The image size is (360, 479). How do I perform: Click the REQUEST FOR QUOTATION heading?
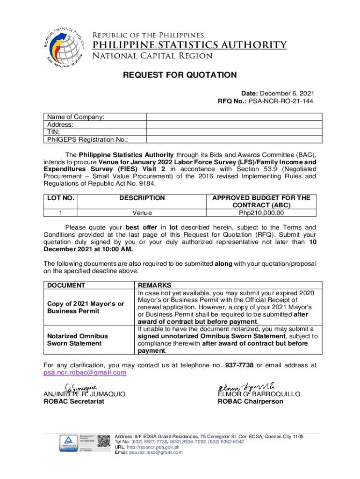[x=180, y=75]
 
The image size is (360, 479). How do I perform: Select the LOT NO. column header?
[x=60, y=198]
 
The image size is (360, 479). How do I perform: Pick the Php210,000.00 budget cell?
[x=261, y=213]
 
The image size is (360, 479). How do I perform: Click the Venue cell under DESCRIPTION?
[x=142, y=213]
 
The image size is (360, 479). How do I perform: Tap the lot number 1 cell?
[x=60, y=213]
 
